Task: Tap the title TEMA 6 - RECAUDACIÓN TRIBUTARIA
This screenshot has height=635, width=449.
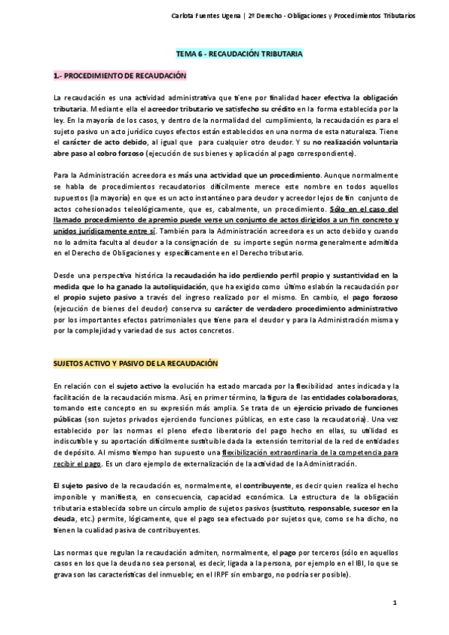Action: tap(238, 55)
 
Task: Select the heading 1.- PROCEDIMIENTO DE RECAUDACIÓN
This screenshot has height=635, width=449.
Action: tap(120, 76)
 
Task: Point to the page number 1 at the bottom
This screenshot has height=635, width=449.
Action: tap(394, 604)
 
